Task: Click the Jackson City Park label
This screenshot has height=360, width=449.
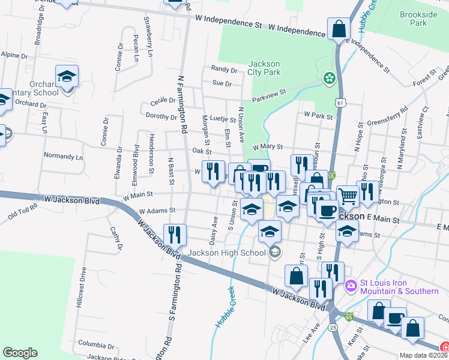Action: pos(264,68)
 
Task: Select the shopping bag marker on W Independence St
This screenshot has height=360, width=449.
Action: pos(339,28)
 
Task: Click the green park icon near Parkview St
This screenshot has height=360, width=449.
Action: pos(328,77)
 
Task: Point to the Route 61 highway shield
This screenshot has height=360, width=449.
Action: pos(340,103)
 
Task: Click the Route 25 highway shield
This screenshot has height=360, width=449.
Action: pos(333,327)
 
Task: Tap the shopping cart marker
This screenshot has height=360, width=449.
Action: pos(348,195)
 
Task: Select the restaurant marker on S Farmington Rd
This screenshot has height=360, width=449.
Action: pos(175,234)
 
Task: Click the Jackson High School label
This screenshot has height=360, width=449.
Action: pos(226,253)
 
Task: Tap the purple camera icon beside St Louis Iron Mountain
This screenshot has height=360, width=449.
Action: pos(351,287)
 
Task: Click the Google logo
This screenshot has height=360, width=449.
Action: pos(20,353)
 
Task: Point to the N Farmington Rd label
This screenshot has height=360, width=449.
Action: pos(181,103)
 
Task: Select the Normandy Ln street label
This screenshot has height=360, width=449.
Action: pos(63,156)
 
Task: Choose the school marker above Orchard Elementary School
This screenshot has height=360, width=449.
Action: pos(67,76)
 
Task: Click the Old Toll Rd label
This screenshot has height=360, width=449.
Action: pos(23,210)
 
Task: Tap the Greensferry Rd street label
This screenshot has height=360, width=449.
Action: pos(387,114)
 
